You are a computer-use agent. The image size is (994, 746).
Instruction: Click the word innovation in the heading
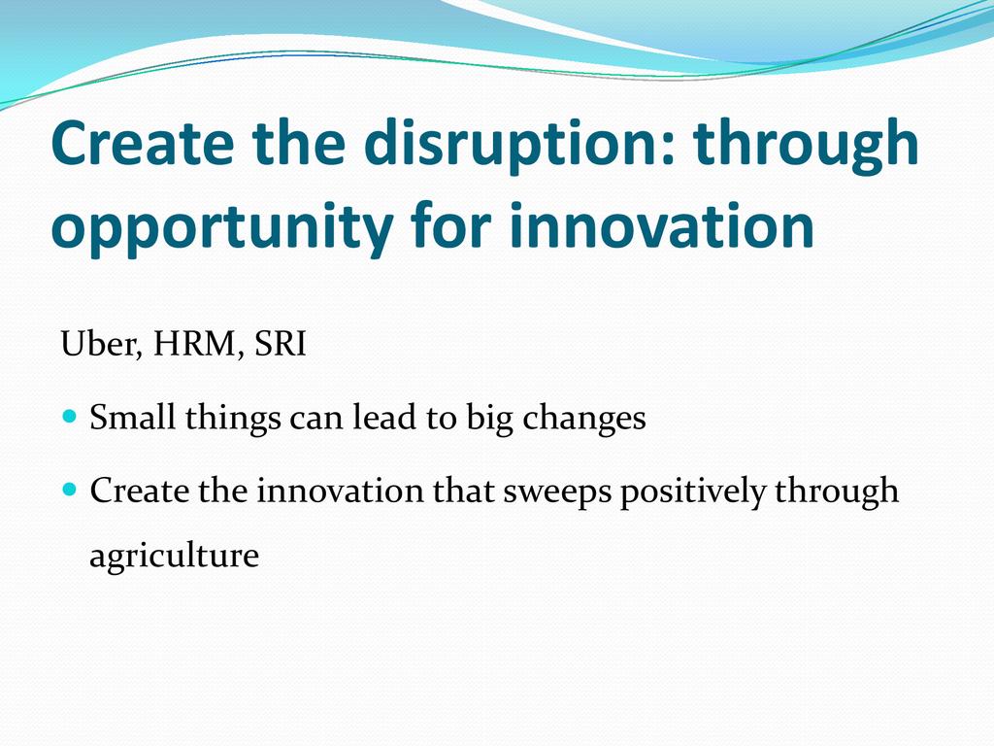662,225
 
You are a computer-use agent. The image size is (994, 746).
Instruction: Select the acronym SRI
281,344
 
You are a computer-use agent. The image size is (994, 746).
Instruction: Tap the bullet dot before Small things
70,417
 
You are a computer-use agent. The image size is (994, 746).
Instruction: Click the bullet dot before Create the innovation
70,490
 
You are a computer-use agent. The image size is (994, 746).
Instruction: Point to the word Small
132,418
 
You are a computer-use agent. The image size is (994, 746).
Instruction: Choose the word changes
583,419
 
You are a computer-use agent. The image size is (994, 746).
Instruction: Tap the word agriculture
175,556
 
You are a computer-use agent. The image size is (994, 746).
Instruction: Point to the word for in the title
450,225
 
